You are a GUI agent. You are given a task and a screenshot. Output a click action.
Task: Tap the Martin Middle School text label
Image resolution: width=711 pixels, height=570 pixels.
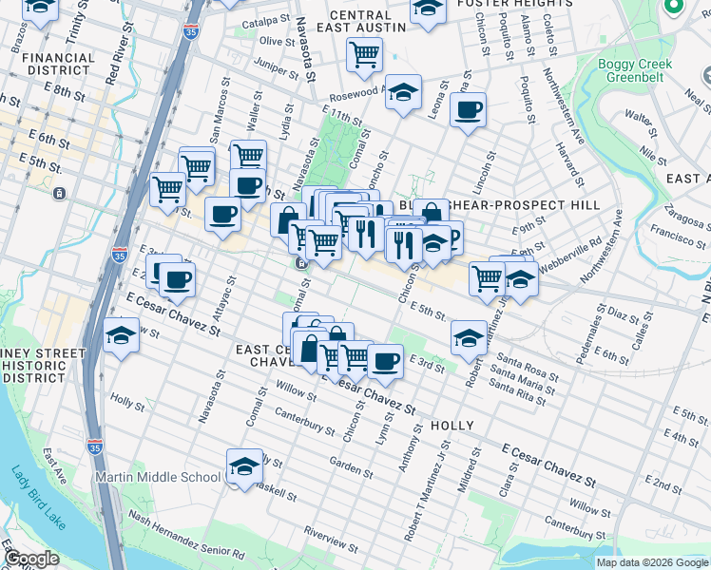click(156, 476)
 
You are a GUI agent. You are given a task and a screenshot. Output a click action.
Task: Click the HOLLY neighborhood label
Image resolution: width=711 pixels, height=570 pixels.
click(452, 427)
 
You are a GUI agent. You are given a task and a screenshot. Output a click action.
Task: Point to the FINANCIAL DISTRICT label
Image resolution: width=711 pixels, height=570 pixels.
click(58, 65)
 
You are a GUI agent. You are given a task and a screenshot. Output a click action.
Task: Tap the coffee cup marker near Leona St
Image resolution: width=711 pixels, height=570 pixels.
click(468, 110)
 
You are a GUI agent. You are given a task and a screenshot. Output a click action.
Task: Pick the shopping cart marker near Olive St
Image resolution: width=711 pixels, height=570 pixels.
click(364, 55)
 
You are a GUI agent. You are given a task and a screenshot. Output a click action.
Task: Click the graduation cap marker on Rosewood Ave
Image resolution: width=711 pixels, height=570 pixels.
click(404, 93)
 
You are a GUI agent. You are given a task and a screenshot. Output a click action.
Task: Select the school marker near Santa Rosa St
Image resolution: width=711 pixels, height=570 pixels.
click(469, 336)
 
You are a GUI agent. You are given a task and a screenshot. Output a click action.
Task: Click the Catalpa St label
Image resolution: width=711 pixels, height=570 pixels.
click(264, 20)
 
